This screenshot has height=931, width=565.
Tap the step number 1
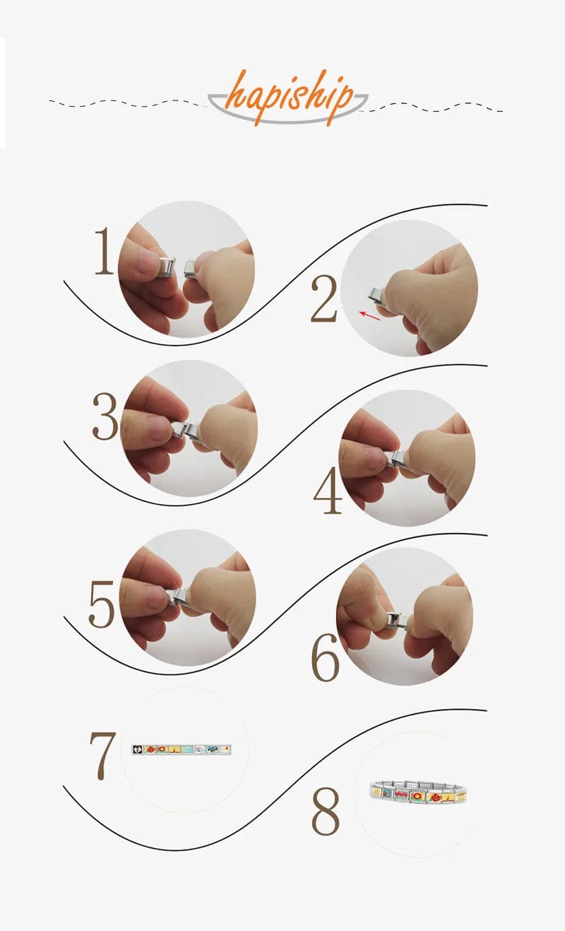tap(104, 251)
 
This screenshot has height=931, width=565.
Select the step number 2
tap(323, 298)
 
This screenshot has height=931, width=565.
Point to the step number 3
tap(105, 416)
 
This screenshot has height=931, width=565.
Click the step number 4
tap(327, 491)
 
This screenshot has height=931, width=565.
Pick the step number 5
tap(101, 604)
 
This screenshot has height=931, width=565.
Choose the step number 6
tap(325, 657)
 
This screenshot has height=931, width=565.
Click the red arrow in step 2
tap(370, 315)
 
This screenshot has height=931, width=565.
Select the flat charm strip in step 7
tap(182, 749)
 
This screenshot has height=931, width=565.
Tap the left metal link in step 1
tap(167, 267)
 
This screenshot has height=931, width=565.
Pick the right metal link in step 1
tap(190, 268)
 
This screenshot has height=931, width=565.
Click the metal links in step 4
tap(397, 459)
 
